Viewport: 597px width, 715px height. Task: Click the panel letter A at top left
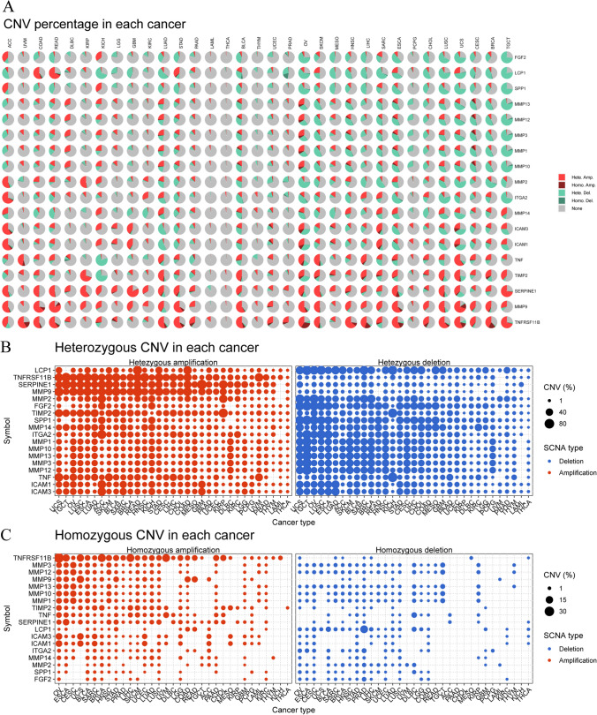point(9,8)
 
